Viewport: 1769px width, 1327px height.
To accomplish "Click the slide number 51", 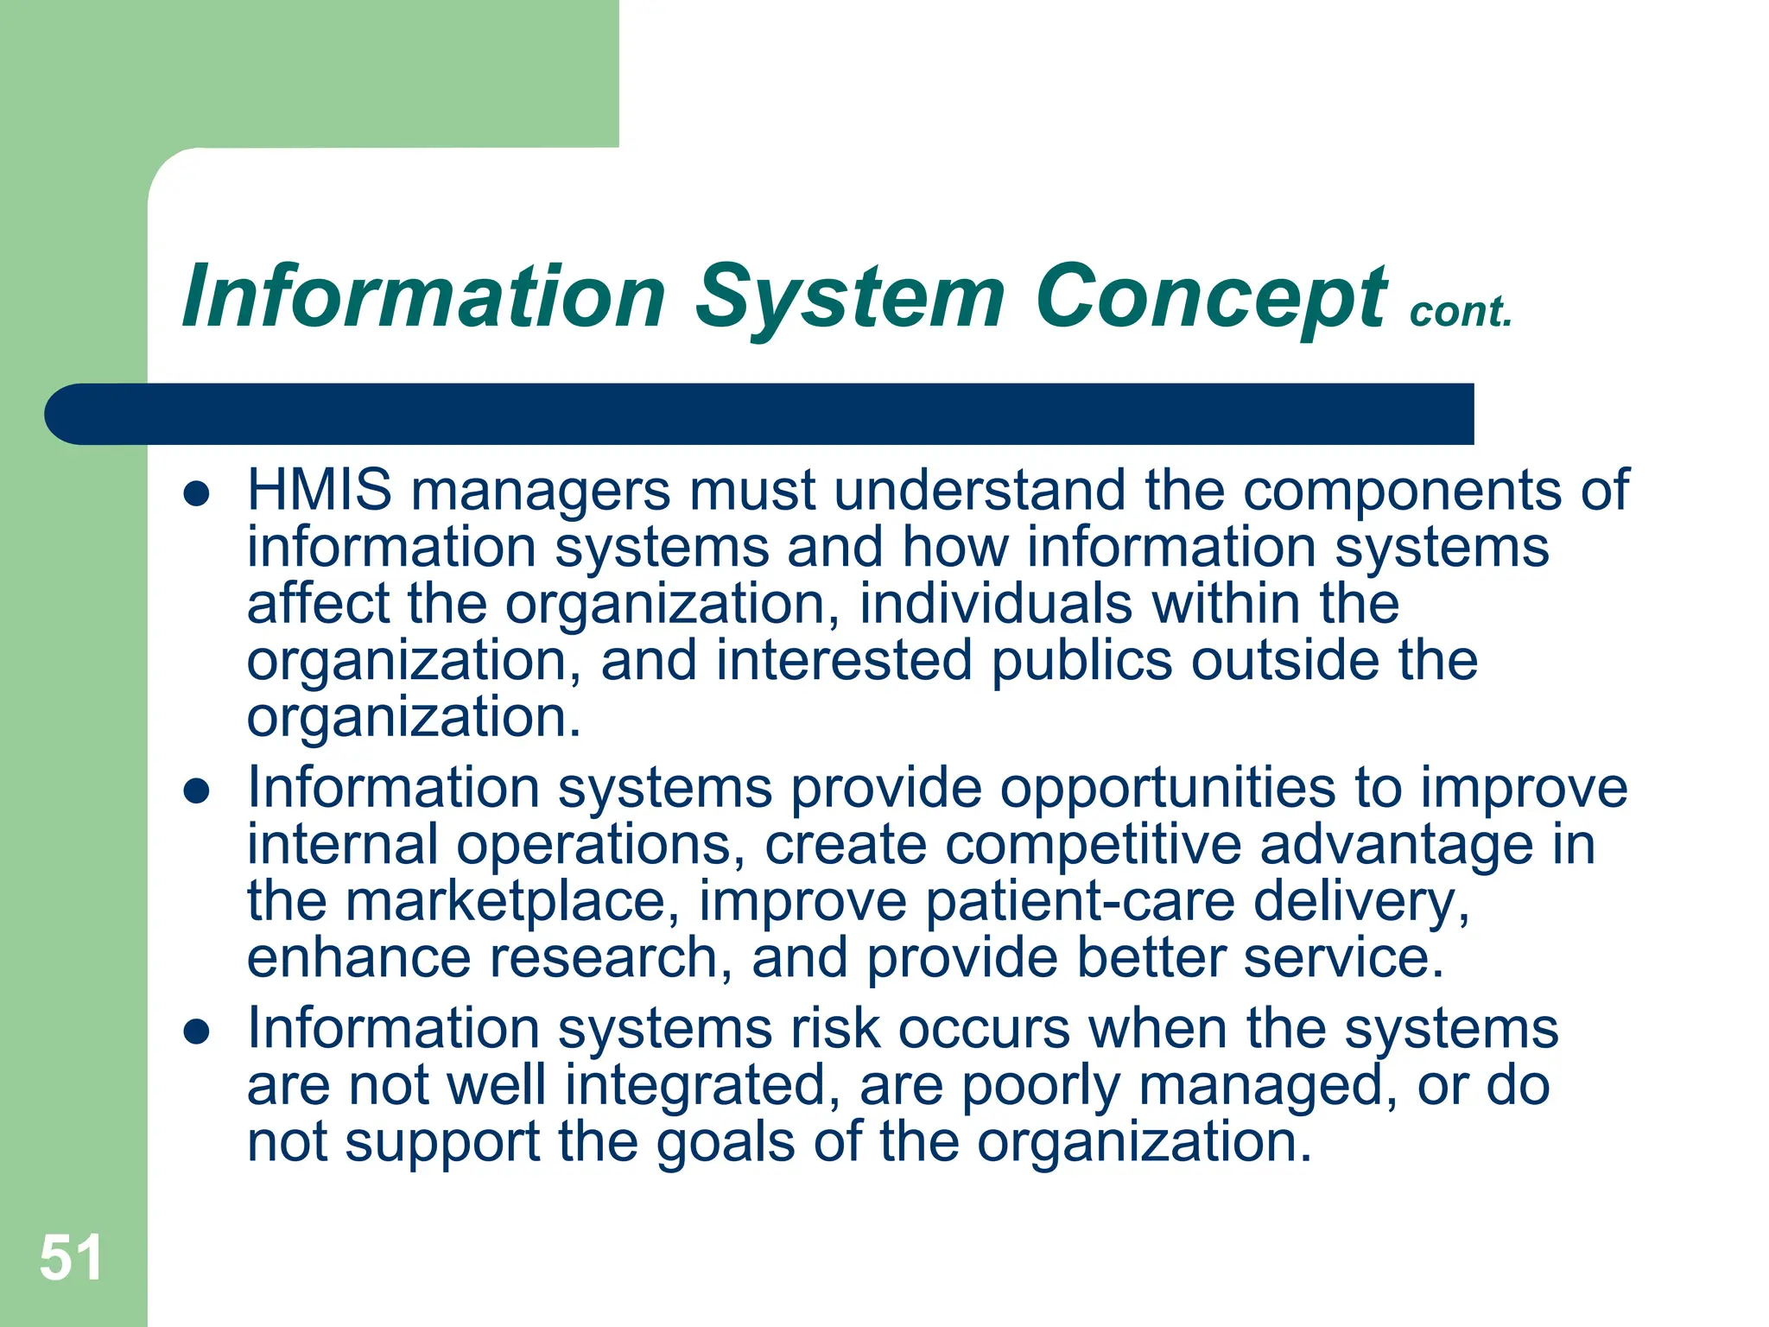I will click(x=71, y=1257).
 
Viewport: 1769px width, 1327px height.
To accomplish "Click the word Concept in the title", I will click(x=1210, y=298).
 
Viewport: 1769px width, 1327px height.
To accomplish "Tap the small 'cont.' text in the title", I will click(x=1461, y=312).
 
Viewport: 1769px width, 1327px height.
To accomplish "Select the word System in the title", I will click(x=850, y=298).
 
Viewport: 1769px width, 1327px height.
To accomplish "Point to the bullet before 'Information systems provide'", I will click(x=198, y=791).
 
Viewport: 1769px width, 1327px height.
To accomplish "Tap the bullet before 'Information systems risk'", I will click(x=198, y=1032).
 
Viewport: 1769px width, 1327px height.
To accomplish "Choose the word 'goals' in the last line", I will click(x=726, y=1142).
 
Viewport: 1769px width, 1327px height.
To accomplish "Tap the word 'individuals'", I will click(x=995, y=604).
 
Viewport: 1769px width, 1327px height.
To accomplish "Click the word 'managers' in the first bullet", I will click(x=541, y=490).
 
